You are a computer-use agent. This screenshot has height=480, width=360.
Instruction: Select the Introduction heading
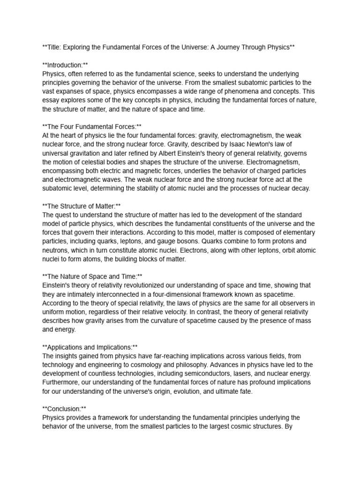[65, 65]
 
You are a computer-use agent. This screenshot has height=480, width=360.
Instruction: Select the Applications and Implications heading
[90, 347]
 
